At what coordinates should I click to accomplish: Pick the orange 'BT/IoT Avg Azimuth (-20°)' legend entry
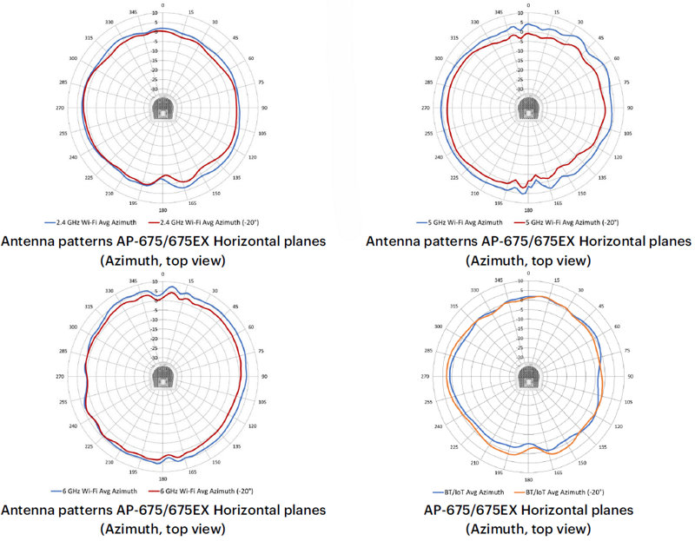pyautogui.click(x=564, y=491)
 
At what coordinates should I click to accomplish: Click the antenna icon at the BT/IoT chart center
pyautogui.click(x=526, y=376)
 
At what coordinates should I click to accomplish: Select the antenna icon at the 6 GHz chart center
pyautogui.click(x=162, y=376)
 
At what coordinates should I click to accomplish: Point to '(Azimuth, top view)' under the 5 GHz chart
pyautogui.click(x=526, y=260)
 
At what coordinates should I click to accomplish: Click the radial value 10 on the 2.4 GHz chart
pyautogui.click(x=155, y=14)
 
